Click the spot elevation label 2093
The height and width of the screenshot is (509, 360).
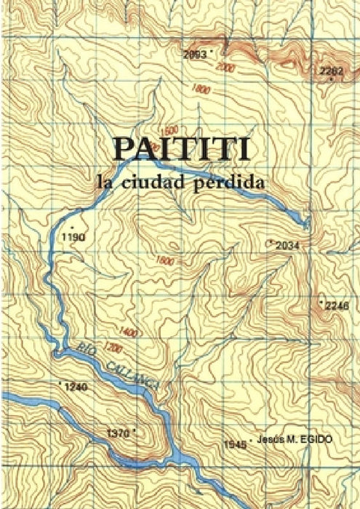194,54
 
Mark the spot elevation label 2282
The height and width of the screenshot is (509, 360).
331,71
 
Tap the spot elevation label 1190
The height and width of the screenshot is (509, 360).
74,237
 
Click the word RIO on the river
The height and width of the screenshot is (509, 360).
87,349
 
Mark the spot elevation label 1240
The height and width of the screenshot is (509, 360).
76,388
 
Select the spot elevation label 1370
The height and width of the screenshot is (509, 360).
118,433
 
